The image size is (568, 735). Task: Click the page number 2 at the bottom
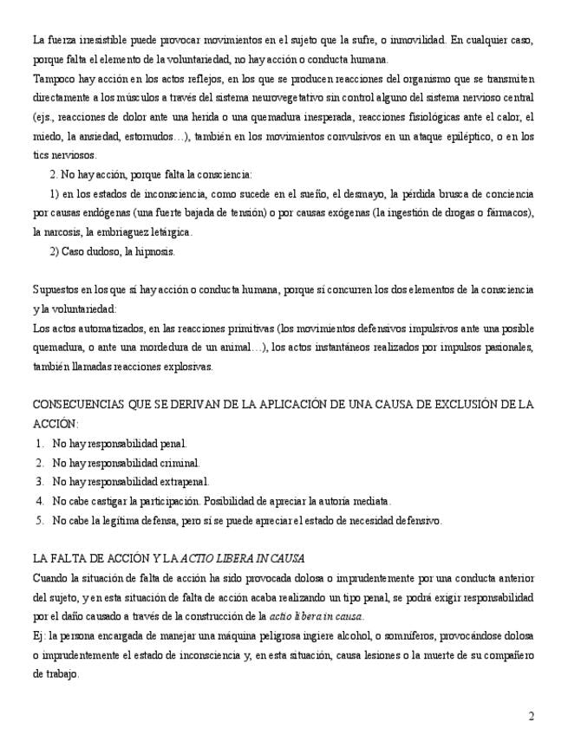[531, 716]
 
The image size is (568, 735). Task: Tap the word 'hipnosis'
[154, 251]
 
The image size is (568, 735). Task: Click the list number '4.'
[40, 501]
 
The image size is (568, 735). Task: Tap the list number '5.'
[40, 521]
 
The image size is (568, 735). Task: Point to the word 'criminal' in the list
[178, 463]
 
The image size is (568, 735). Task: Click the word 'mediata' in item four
[371, 501]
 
